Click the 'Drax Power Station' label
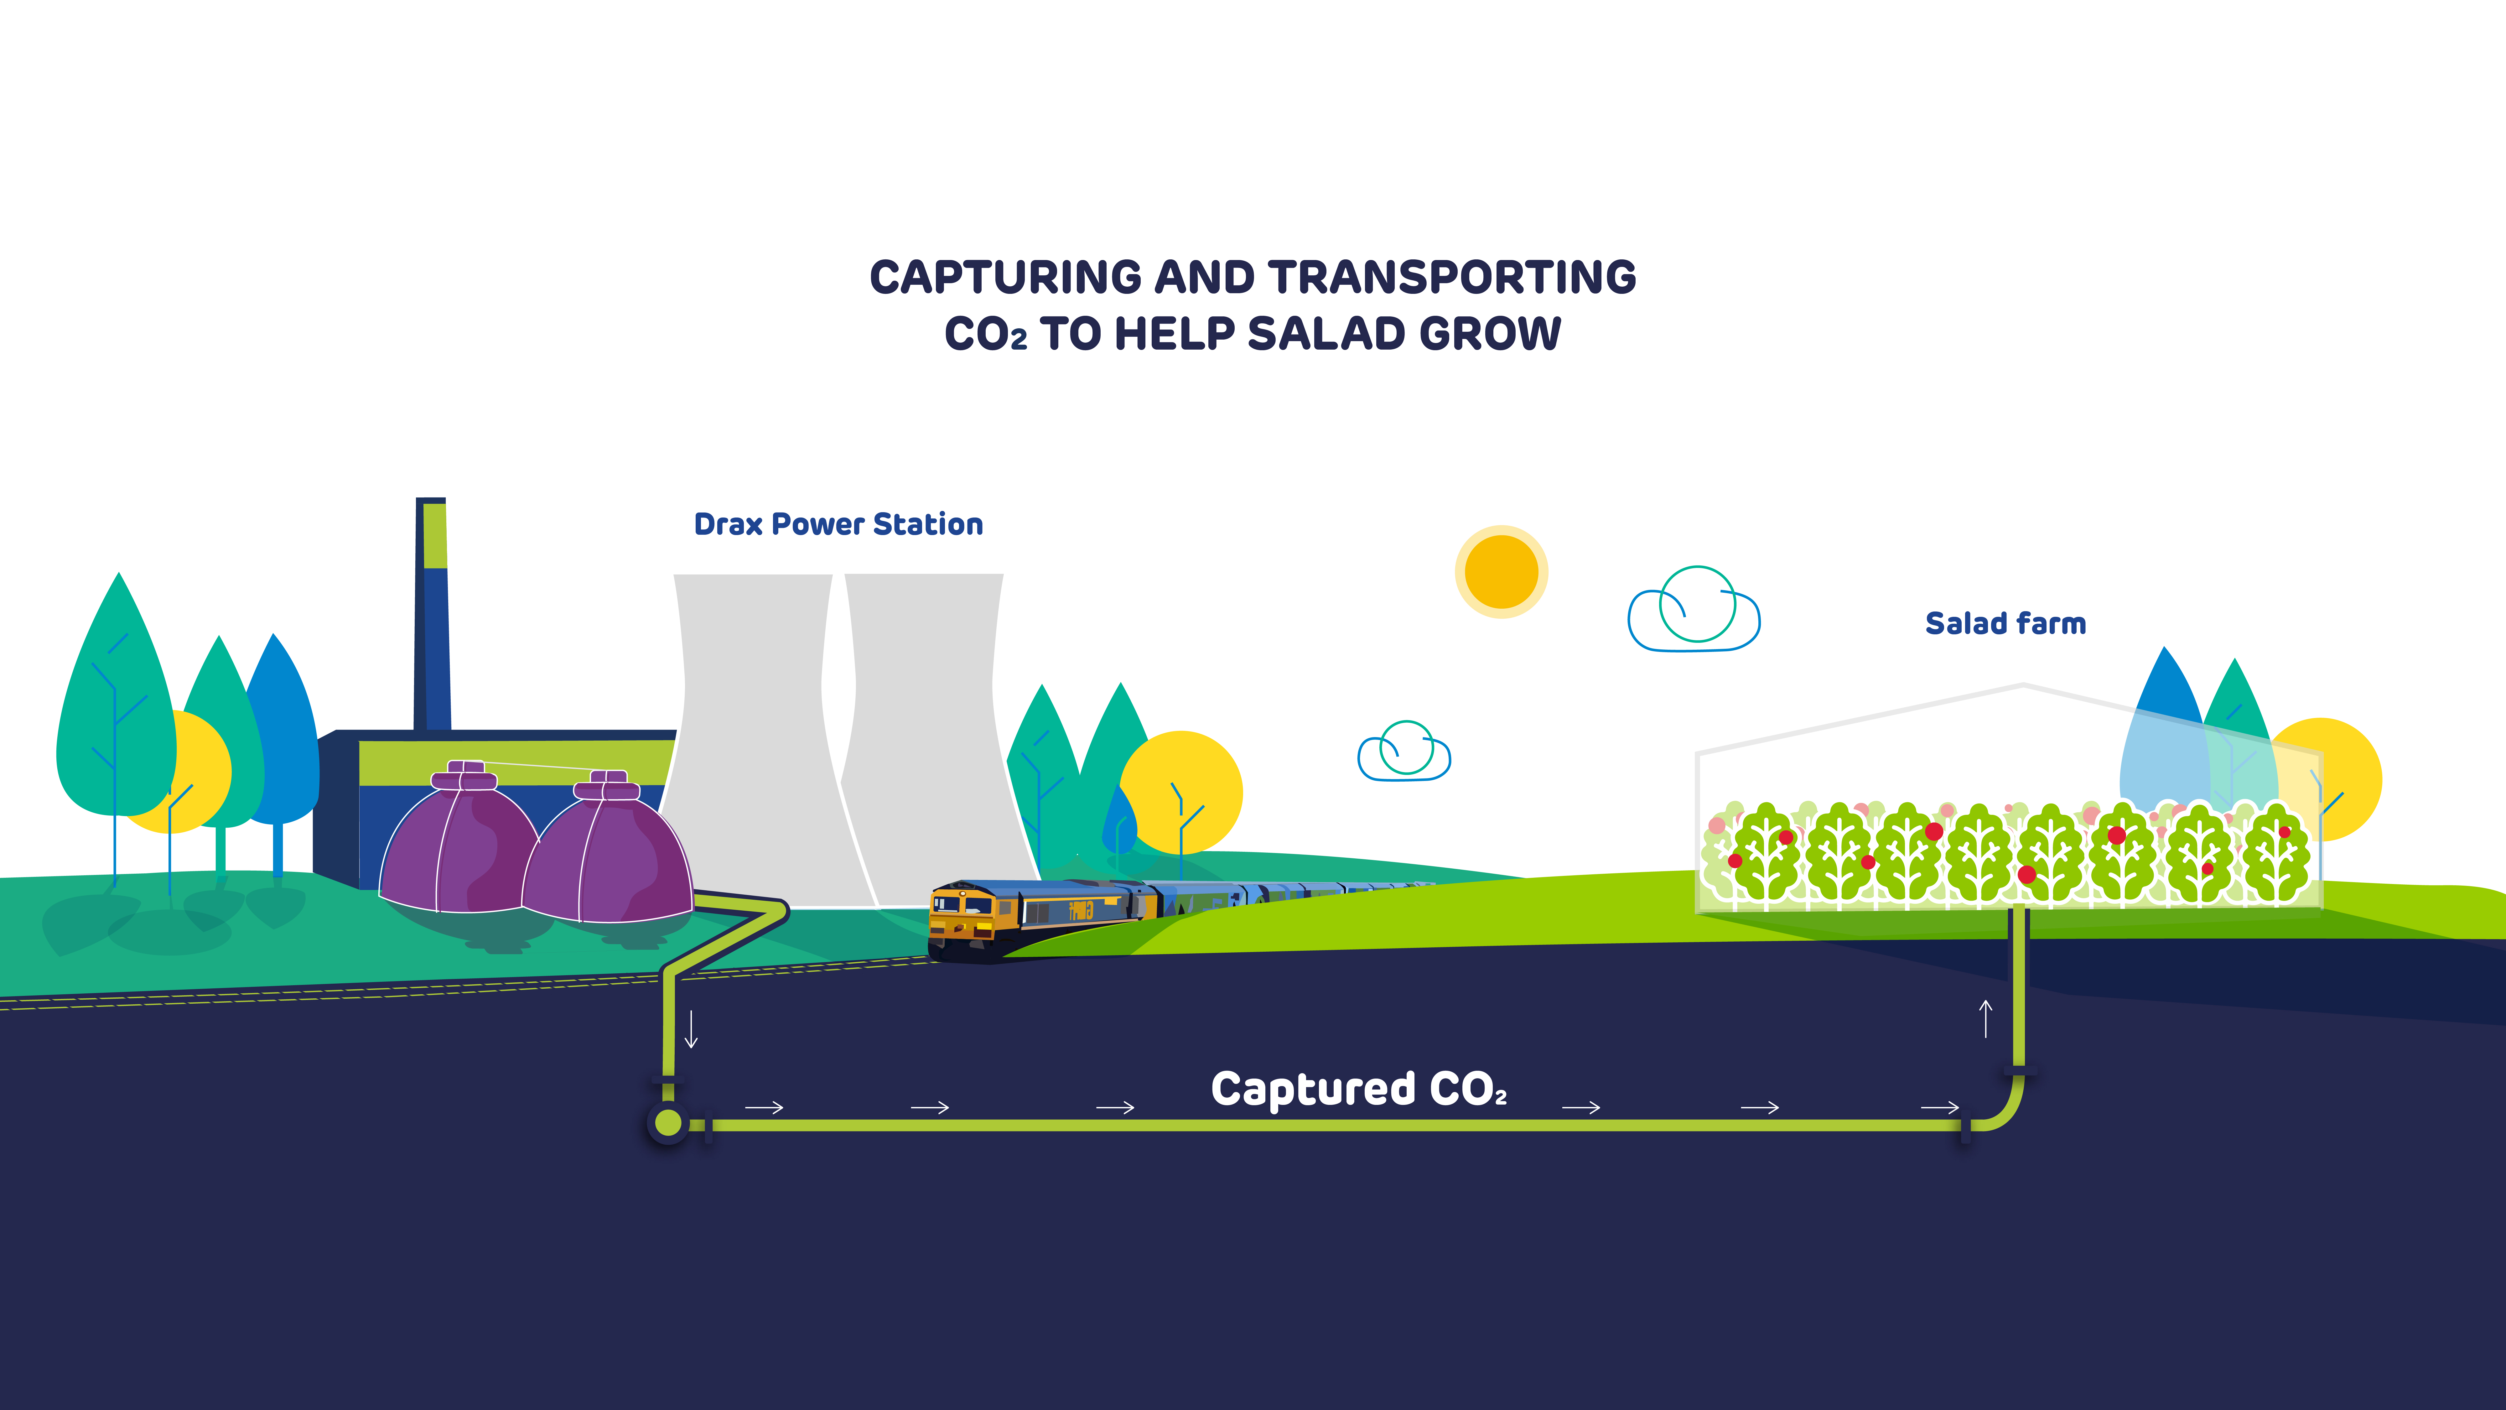click(838, 524)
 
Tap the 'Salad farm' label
click(2005, 624)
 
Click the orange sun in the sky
click(1501, 572)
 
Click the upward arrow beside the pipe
click(1985, 1019)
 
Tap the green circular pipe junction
click(668, 1123)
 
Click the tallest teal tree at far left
click(115, 710)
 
